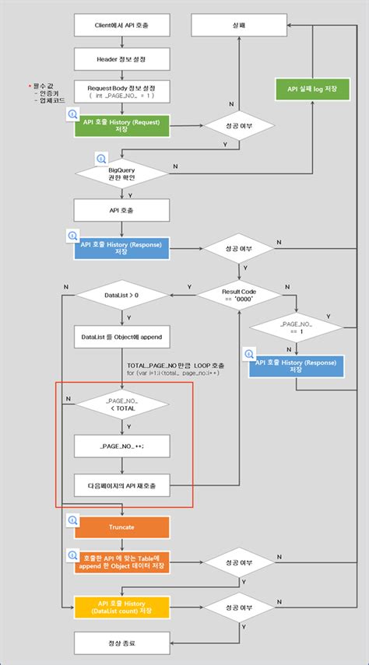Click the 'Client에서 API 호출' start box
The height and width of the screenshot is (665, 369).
[x=121, y=25]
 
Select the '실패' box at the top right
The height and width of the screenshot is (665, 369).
[x=239, y=25]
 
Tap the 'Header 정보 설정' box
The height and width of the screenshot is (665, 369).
[x=121, y=58]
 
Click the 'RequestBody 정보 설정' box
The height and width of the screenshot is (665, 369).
[x=121, y=91]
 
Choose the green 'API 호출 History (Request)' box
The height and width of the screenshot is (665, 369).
[x=121, y=126]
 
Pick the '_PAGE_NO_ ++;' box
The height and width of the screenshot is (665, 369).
[x=121, y=446]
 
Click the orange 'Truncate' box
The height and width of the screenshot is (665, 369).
[x=121, y=527]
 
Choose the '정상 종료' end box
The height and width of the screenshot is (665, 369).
[x=121, y=642]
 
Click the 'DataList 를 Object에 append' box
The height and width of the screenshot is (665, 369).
[x=121, y=338]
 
